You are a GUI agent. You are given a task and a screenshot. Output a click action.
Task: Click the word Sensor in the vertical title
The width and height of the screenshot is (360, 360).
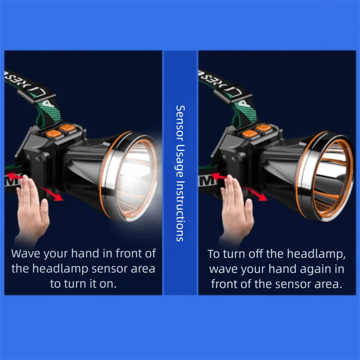point(180,121)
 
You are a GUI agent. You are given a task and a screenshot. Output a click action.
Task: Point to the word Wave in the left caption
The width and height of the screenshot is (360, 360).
point(26,253)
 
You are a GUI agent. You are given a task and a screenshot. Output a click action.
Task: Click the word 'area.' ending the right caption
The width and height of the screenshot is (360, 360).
point(327,284)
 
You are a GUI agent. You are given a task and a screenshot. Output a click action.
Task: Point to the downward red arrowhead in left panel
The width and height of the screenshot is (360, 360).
point(58,197)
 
